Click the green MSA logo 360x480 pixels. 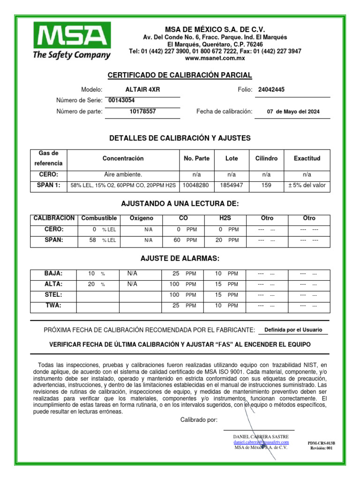(x=72, y=42)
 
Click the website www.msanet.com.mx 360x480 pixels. (x=215, y=59)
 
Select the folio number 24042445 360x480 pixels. (x=271, y=90)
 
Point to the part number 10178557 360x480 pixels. (x=143, y=112)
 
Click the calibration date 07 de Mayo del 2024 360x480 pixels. (x=293, y=112)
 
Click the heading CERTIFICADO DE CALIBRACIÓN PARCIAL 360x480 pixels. (x=180, y=75)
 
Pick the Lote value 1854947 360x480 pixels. (x=232, y=185)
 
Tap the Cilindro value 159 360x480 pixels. (x=266, y=185)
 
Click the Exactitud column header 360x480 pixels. (x=307, y=158)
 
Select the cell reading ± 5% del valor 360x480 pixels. (x=307, y=185)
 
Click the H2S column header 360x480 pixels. (x=225, y=218)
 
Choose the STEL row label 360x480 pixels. (x=53, y=295)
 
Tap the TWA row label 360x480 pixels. (x=53, y=305)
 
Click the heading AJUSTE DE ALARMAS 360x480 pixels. (x=180, y=259)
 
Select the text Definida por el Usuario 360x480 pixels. (x=293, y=330)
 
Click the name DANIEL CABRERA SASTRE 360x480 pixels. (x=261, y=436)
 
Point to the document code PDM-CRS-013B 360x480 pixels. (x=322, y=442)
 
